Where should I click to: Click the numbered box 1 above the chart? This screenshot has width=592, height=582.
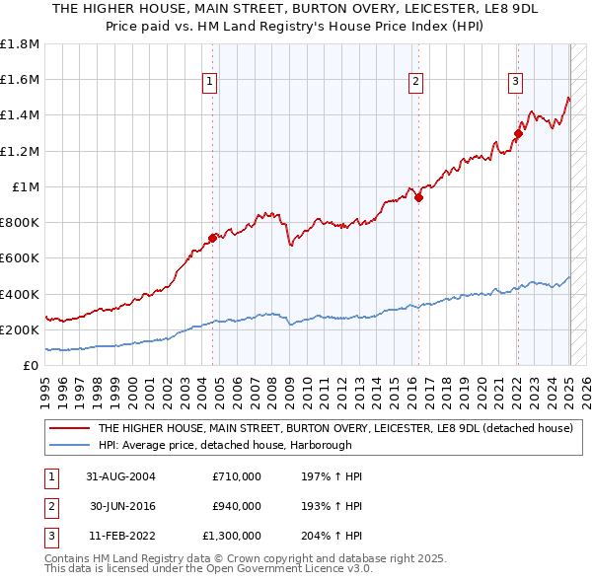click(x=211, y=82)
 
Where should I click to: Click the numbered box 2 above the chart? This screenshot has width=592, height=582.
click(x=416, y=82)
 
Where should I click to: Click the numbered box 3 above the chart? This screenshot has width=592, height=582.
click(x=515, y=82)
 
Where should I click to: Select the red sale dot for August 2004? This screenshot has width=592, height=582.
click(x=212, y=238)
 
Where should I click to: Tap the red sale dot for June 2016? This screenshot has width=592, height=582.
click(x=418, y=197)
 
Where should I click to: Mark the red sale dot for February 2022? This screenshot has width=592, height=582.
click(x=518, y=133)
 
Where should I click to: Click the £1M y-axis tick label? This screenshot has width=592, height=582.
click(x=26, y=186)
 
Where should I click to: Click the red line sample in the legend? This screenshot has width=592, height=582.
click(x=70, y=428)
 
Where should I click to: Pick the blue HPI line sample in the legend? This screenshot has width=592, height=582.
click(x=70, y=445)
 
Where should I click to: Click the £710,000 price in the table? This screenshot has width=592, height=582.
click(x=236, y=476)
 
